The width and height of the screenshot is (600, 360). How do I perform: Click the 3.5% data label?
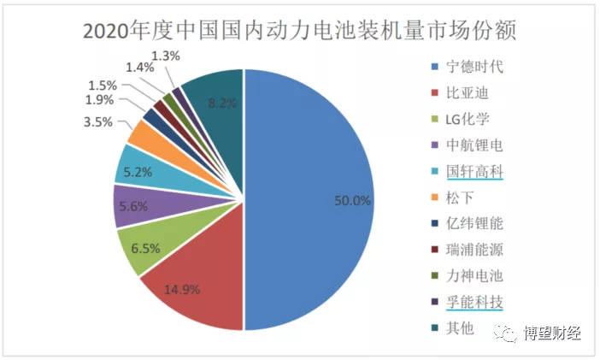coord(98,122)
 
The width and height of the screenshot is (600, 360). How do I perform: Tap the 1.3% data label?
coord(172,56)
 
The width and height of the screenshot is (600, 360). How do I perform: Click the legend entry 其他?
coord(459,328)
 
